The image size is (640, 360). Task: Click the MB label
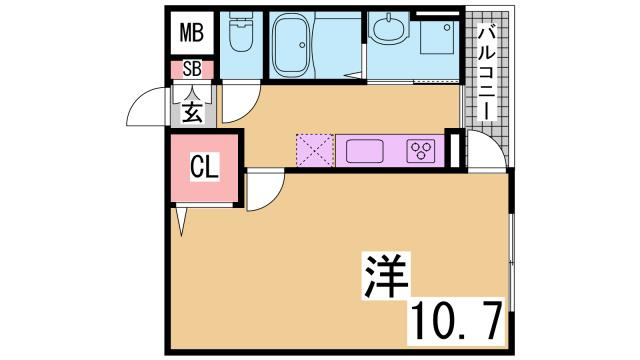190,33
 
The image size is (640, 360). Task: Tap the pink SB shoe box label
190,70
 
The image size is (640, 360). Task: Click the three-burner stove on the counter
421,151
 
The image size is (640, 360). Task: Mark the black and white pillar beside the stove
456,150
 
